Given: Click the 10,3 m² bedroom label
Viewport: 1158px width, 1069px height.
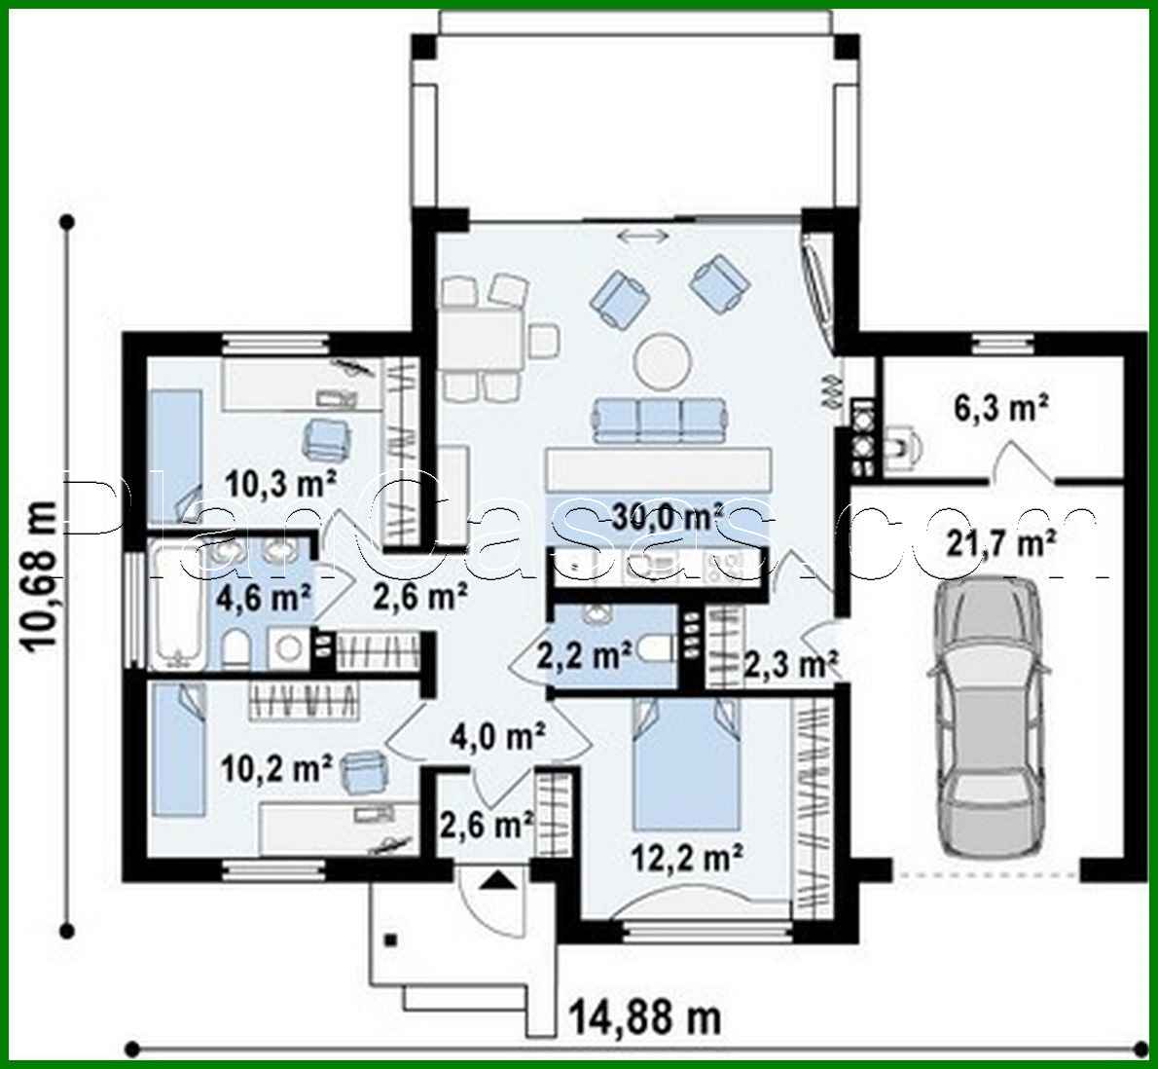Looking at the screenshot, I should pyautogui.click(x=280, y=481).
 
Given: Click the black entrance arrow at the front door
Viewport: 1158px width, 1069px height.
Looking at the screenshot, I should pyautogui.click(x=498, y=882).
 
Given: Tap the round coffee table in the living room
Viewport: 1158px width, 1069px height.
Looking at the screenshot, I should pyautogui.click(x=663, y=359).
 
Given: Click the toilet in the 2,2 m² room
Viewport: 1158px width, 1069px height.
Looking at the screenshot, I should pyautogui.click(x=659, y=647).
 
